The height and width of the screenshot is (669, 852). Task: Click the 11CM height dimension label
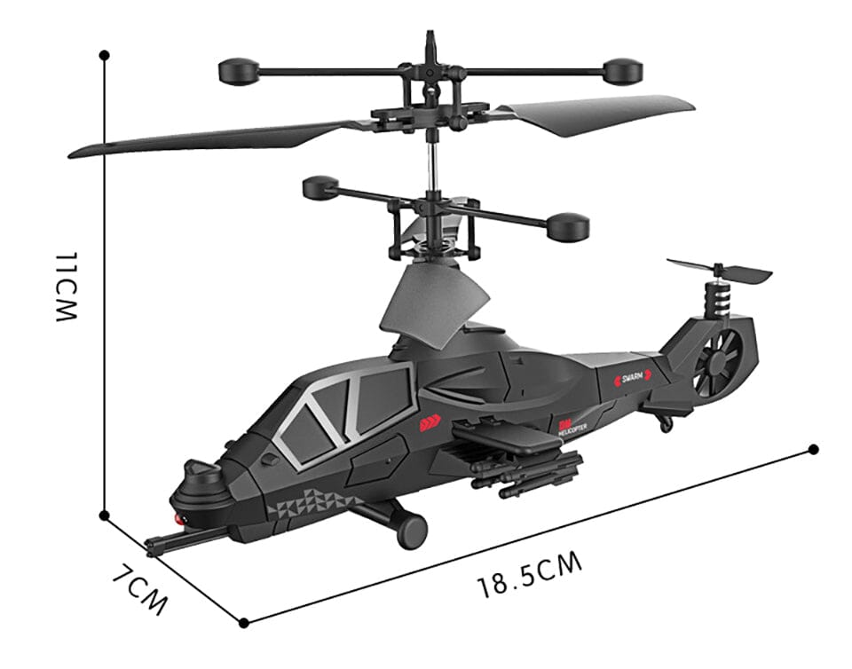68,285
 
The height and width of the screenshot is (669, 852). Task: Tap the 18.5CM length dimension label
530,575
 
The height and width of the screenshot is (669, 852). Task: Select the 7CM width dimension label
140,588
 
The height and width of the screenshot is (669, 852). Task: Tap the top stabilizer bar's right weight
623,70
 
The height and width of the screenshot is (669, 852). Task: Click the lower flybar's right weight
568,227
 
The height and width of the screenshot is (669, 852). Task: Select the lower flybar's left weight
320,187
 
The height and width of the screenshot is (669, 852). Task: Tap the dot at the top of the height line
105,55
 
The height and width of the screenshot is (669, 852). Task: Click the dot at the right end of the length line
815,450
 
